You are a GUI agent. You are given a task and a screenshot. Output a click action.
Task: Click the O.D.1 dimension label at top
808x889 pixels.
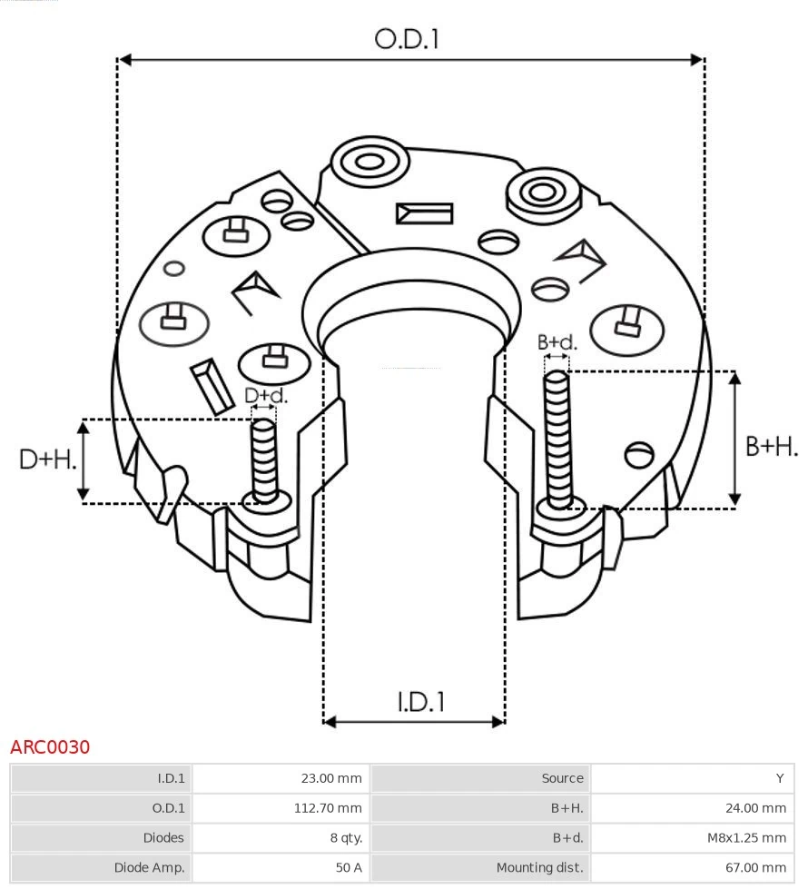click(x=407, y=39)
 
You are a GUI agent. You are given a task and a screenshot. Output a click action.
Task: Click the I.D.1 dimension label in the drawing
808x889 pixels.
click(x=420, y=701)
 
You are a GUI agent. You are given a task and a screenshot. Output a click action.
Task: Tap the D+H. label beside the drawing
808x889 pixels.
click(x=47, y=459)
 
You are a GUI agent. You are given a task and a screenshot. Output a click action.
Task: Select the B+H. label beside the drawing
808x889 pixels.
click(x=771, y=446)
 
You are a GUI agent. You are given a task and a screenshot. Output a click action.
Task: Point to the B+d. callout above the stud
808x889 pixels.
click(x=557, y=342)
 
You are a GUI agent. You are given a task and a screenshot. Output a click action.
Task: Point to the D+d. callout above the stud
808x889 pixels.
click(x=265, y=396)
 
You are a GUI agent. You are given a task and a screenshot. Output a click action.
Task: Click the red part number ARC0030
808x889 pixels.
click(x=50, y=747)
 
